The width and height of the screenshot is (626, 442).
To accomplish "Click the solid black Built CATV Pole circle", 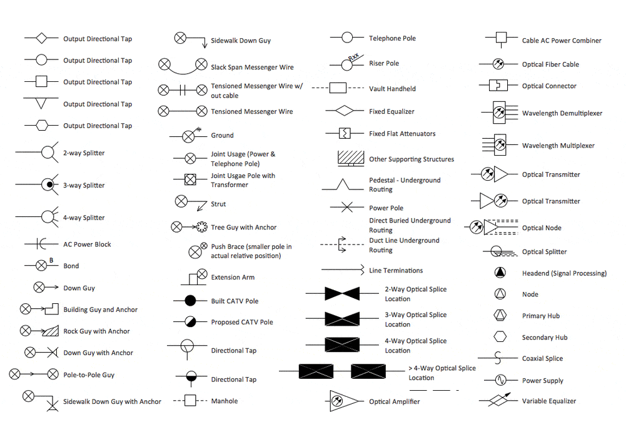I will (x=189, y=301).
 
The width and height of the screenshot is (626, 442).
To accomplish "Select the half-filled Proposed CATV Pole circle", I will (x=189, y=322).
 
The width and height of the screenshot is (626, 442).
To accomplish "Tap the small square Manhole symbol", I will (x=189, y=401).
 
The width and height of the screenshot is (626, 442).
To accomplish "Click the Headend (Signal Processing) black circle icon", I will (x=500, y=273).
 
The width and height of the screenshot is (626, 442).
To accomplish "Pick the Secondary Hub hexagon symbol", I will (x=500, y=337).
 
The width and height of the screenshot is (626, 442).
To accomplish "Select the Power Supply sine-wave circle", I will (x=500, y=380).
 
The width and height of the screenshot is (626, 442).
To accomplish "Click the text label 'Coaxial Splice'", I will (x=542, y=359).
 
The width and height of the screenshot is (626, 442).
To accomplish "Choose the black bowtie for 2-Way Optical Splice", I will (x=341, y=294).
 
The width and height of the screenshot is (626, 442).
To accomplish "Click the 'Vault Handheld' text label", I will (x=392, y=89).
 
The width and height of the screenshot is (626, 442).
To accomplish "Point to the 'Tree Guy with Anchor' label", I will (x=243, y=228).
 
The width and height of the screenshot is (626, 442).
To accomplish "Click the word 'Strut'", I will (x=218, y=204).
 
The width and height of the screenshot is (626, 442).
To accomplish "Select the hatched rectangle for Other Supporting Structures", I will (x=351, y=157).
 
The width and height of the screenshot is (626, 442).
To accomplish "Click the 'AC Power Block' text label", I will (x=87, y=244).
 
